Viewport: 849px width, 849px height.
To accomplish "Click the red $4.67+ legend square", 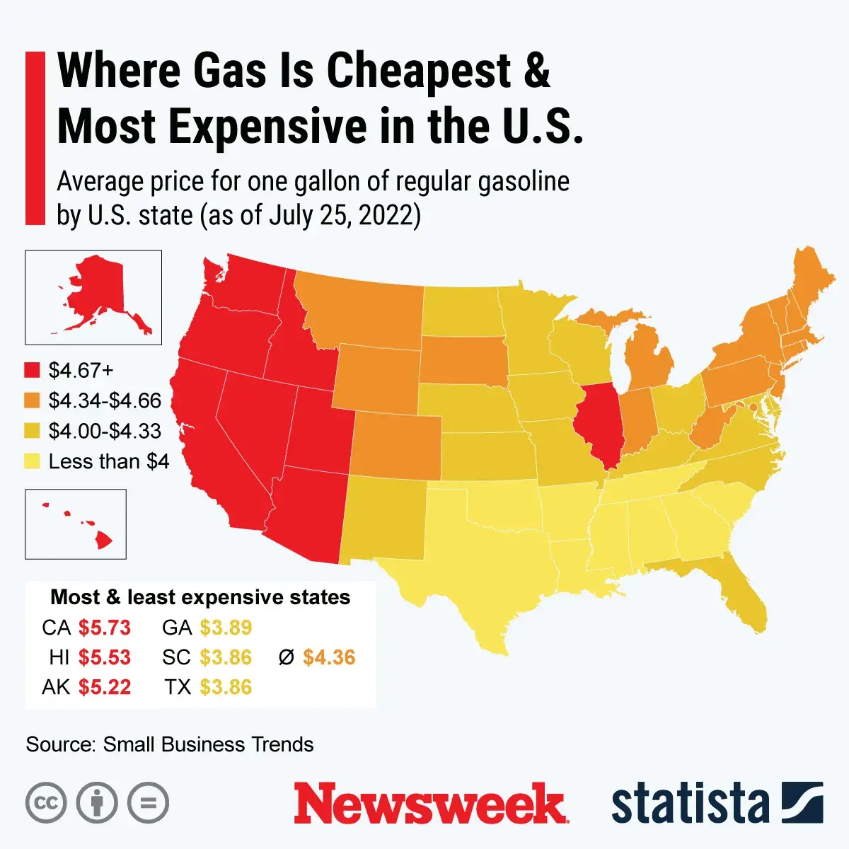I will coord(33,370).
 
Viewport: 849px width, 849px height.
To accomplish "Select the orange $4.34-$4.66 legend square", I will coord(33,400).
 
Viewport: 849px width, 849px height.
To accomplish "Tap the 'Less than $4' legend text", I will coord(108,461).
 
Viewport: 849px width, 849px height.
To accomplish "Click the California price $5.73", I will coord(105,628).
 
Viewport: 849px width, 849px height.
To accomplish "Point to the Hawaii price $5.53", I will coord(105,657).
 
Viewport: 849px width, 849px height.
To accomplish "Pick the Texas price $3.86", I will coord(226,687).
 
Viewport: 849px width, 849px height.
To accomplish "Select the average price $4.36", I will coord(329,657).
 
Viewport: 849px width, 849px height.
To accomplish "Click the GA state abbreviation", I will coord(177,628).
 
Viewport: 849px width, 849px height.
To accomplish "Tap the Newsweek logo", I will coord(430,804).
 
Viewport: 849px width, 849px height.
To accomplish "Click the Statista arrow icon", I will coord(802,803).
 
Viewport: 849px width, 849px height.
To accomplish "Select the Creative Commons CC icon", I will coord(46,803).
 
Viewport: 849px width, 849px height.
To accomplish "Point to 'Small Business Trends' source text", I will coord(208,744).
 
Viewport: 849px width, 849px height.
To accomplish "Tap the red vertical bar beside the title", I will coord(35,138).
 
